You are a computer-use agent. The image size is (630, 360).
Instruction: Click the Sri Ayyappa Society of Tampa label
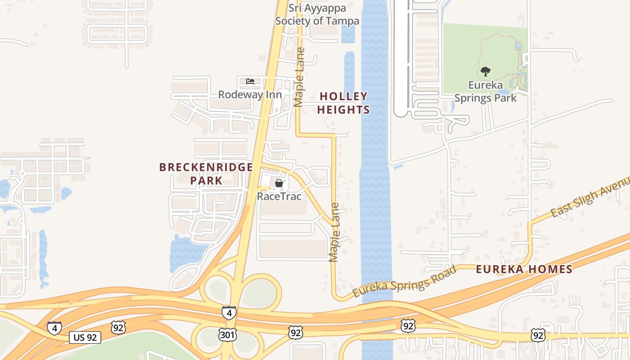(x=317, y=14)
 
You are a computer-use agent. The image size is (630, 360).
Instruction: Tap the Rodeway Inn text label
(x=250, y=94)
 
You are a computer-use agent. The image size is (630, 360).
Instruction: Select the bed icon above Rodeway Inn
(x=250, y=81)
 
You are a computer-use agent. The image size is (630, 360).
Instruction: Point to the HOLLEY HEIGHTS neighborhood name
(x=344, y=103)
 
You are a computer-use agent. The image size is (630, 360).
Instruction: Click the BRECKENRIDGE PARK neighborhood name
(x=206, y=174)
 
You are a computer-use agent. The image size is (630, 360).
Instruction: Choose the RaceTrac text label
(x=279, y=196)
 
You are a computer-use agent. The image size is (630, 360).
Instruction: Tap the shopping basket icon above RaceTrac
(x=279, y=183)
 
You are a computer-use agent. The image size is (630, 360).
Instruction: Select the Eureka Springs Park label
(x=485, y=91)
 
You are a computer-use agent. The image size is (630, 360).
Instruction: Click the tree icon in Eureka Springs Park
(x=485, y=71)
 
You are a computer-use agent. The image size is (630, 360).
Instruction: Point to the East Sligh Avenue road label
(x=590, y=197)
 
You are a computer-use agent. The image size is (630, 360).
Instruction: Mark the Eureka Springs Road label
(x=404, y=281)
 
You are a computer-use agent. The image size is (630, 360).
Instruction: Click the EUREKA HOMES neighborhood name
(x=524, y=270)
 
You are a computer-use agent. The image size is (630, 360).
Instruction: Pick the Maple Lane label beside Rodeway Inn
(x=299, y=77)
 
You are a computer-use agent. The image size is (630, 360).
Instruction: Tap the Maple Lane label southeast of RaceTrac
(x=334, y=233)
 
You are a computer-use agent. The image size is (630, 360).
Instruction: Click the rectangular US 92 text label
(x=85, y=337)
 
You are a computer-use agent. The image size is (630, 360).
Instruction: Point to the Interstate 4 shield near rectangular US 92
(x=54, y=328)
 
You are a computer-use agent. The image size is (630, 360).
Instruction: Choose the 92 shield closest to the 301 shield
(x=296, y=333)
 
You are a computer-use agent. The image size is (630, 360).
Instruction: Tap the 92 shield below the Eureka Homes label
(x=538, y=335)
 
